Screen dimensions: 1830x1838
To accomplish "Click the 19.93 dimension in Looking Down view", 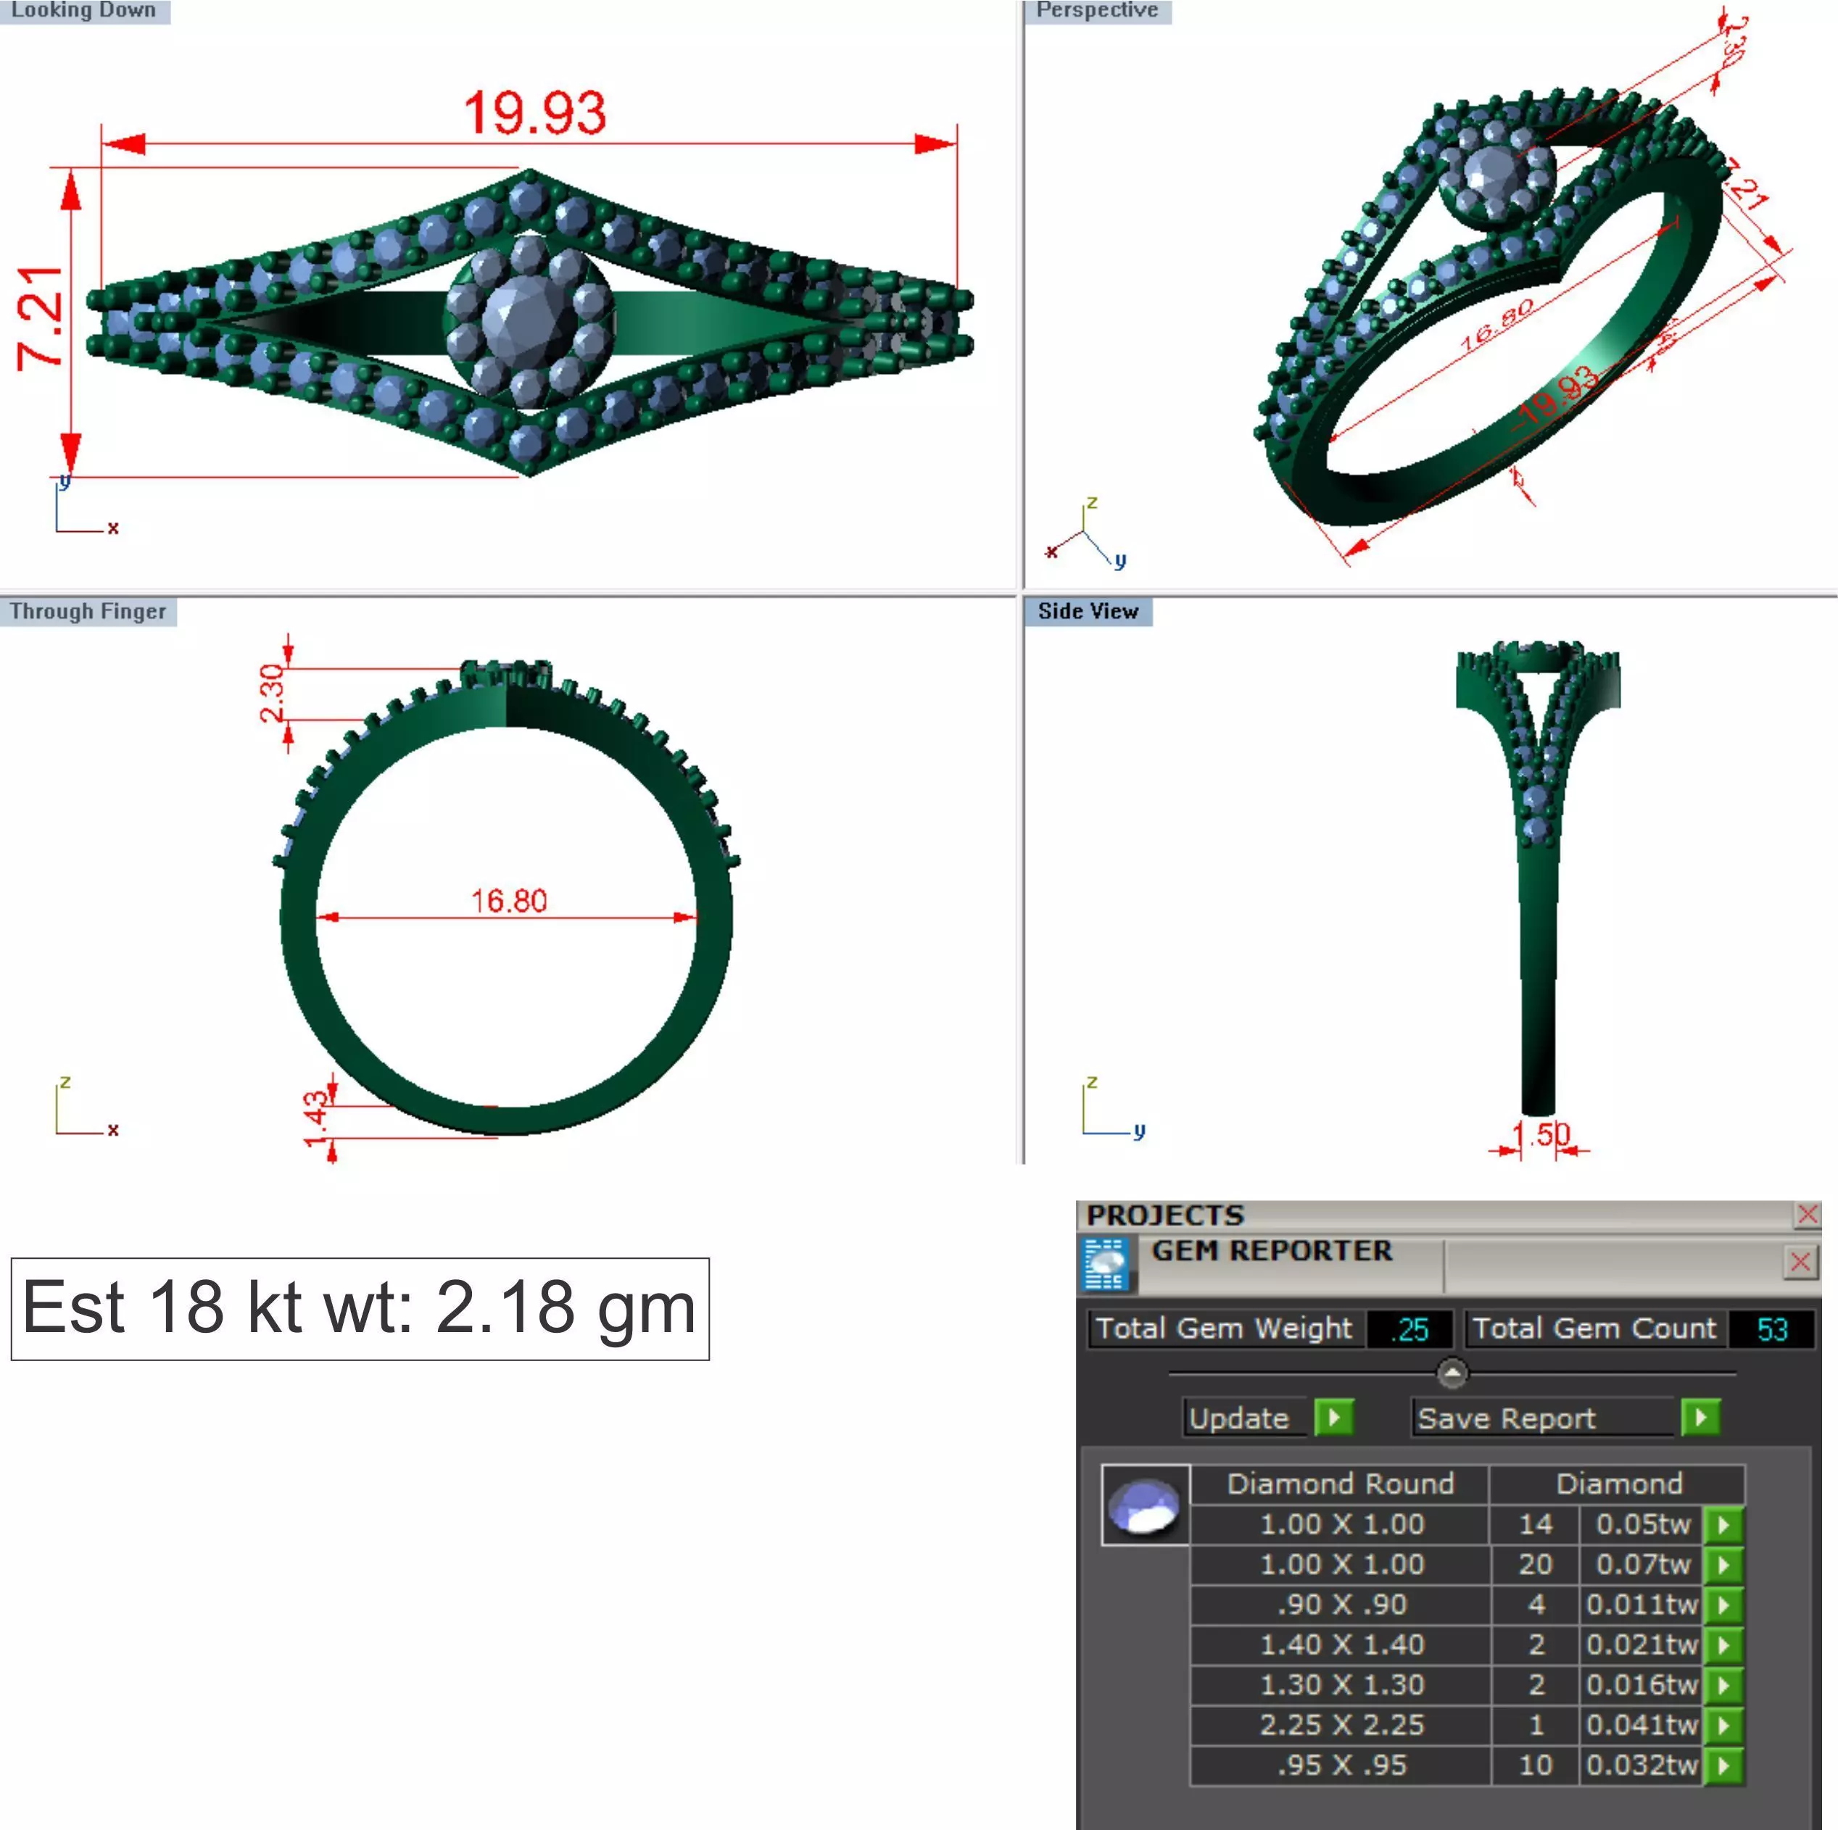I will (534, 112).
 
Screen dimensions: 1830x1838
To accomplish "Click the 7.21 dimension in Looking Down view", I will (42, 317).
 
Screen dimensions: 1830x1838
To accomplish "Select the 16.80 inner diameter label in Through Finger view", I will (509, 900).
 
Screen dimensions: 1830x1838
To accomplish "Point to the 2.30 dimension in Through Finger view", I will (272, 694).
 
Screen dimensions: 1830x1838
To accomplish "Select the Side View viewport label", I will (1088, 612).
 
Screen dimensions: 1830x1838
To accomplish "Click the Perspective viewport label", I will (1096, 10).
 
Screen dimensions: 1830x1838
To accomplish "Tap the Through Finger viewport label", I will (88, 612).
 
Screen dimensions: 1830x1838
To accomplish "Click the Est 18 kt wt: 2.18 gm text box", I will (360, 1308).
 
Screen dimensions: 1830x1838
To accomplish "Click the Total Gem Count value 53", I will (1771, 1328).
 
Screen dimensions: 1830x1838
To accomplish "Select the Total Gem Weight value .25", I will (1410, 1328).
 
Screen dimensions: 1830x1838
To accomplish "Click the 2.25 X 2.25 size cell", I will (1341, 1724).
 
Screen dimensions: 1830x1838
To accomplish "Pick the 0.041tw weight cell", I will (1640, 1724).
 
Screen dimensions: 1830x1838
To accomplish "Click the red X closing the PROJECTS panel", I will (1807, 1215).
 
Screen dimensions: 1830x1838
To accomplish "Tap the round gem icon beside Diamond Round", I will (1144, 1505).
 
